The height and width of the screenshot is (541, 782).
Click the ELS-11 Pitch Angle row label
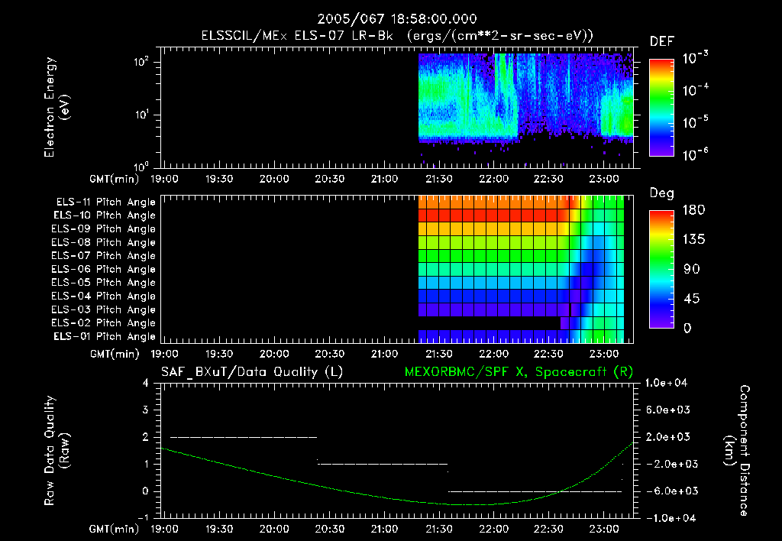(x=105, y=202)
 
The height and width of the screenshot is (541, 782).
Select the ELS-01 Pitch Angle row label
(x=105, y=337)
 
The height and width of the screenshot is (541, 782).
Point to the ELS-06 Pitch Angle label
(x=105, y=270)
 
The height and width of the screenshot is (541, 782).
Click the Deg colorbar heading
(x=661, y=193)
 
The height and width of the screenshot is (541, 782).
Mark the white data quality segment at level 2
(x=243, y=437)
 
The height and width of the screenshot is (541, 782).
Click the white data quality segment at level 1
(x=382, y=464)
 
